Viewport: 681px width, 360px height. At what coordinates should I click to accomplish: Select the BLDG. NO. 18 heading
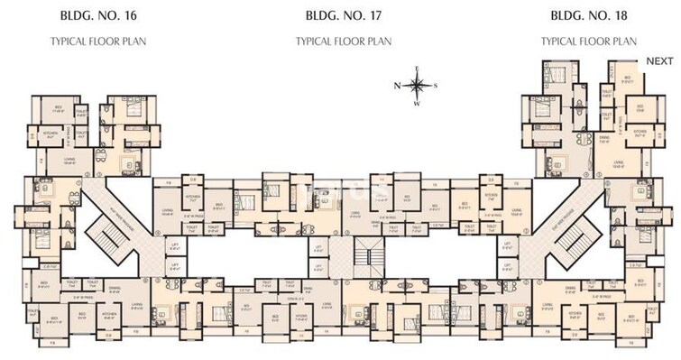tap(588, 15)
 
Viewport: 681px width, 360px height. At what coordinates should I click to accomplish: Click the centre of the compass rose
tap(417, 86)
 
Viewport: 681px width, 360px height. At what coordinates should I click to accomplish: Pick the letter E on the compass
tap(417, 69)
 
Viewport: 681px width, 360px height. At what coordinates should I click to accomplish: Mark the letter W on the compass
tap(417, 104)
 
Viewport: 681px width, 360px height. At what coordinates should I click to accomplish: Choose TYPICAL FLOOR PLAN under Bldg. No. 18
tap(588, 42)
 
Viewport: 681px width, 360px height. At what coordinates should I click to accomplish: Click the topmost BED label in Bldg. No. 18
tap(628, 78)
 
